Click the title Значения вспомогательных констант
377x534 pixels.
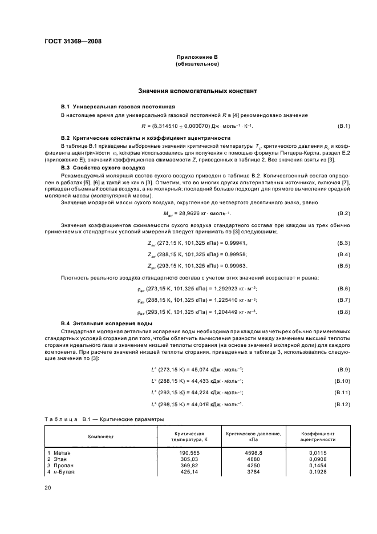[x=197, y=91]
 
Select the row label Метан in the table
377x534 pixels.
[x=61, y=453]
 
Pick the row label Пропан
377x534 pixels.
[x=62, y=466]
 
